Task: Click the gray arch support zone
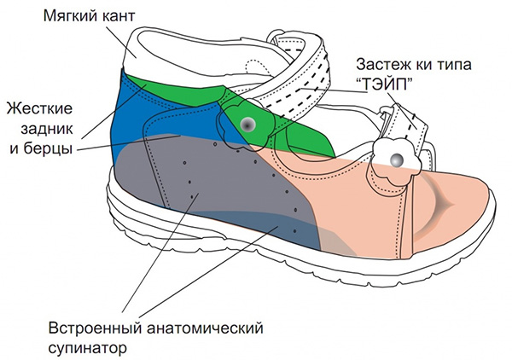coord(213,205)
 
